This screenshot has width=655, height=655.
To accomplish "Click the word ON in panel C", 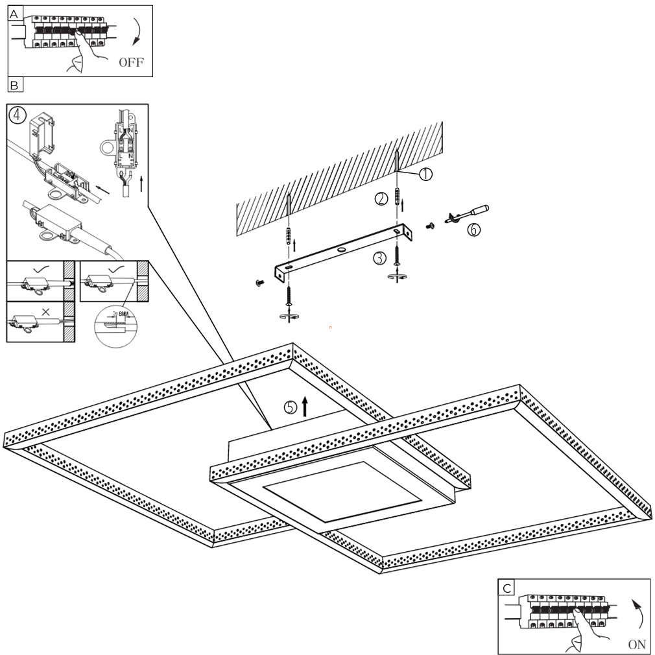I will pyautogui.click(x=637, y=645).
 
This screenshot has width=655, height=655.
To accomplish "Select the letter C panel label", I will pyautogui.click(x=506, y=587).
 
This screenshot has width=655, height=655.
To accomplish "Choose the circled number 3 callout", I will pyautogui.click(x=380, y=257).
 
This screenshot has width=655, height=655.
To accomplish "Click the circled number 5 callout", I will pyautogui.click(x=291, y=407).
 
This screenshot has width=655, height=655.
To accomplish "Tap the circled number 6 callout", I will pyautogui.click(x=474, y=229).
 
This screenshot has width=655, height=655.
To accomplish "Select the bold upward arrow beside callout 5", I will pyautogui.click(x=305, y=406).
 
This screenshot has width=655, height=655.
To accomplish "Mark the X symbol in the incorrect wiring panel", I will pyautogui.click(x=45, y=312).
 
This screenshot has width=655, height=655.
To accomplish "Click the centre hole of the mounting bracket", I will pyautogui.click(x=340, y=250).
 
